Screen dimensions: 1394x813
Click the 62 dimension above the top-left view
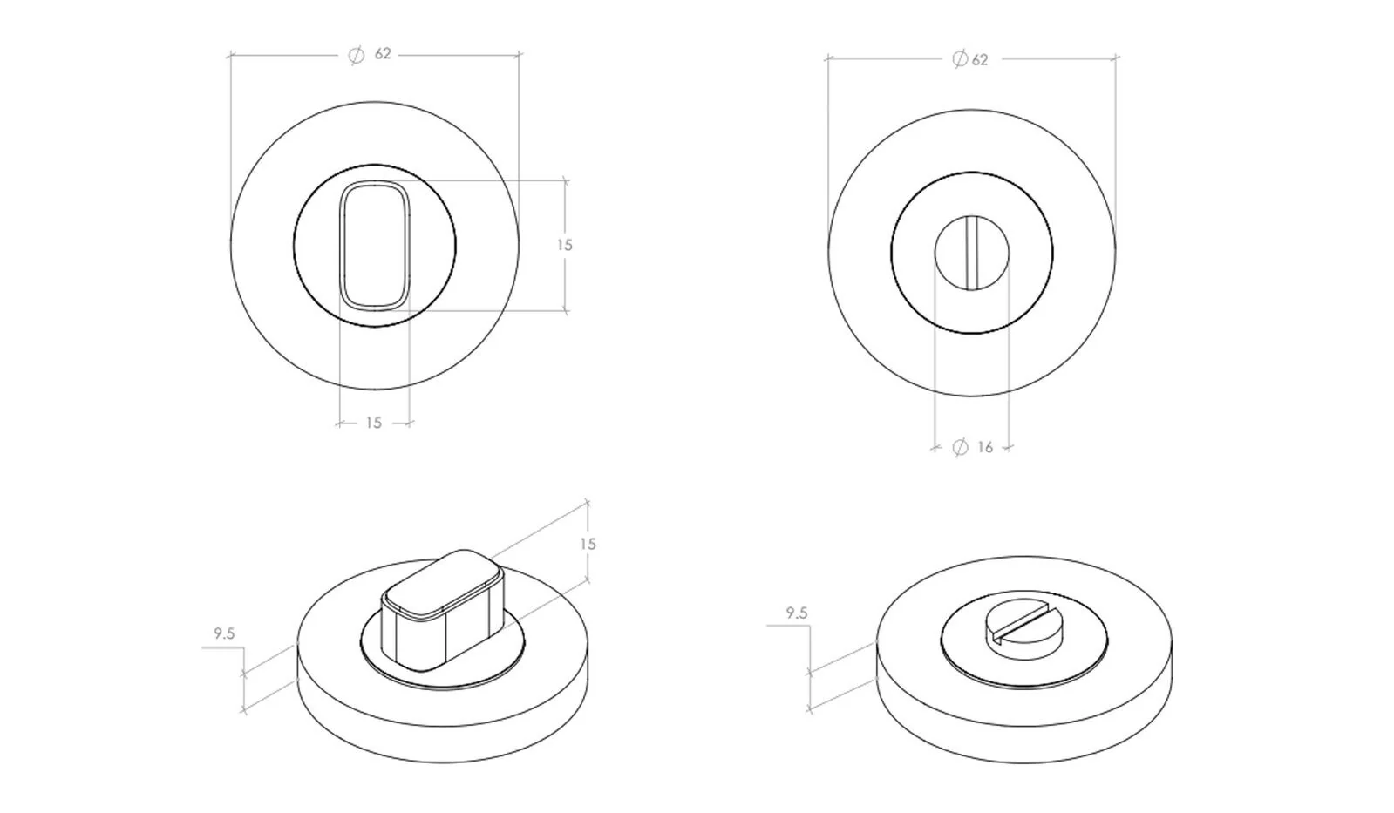pyautogui.click(x=383, y=54)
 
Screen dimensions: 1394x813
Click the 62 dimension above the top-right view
pyautogui.click(x=980, y=60)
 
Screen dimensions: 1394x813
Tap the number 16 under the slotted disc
pyautogui.click(x=985, y=447)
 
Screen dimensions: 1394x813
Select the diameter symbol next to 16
pyautogui.click(x=960, y=447)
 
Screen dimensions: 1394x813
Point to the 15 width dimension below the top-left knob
pyautogui.click(x=373, y=423)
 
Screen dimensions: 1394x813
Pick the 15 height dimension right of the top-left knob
pyautogui.click(x=564, y=245)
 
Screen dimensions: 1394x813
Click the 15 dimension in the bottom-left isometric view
pyautogui.click(x=588, y=545)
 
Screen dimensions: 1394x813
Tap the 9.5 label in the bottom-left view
pyautogui.click(x=224, y=633)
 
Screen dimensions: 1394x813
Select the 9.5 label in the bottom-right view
pyautogui.click(x=797, y=613)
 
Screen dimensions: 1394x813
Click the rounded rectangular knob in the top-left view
pyautogui.click(x=375, y=245)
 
